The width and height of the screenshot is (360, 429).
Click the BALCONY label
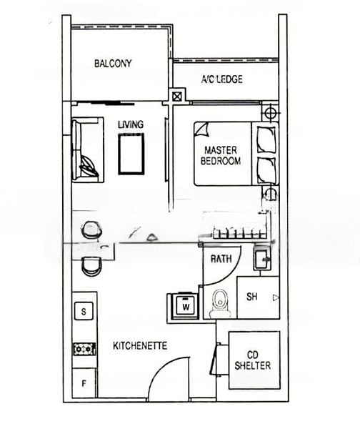[113, 64]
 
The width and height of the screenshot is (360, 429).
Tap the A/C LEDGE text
[221, 79]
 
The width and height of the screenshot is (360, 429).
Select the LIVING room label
[131, 124]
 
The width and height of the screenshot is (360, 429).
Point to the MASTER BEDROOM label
[221, 155]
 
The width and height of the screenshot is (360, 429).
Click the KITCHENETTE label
[140, 345]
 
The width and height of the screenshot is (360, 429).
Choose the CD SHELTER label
[253, 360]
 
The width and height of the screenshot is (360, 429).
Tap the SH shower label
[251, 297]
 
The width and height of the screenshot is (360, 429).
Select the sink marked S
[84, 311]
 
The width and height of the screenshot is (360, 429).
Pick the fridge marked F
[84, 383]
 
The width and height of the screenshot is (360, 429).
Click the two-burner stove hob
[84, 349]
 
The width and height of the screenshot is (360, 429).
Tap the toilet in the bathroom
[220, 302]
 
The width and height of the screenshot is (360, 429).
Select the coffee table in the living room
[131, 154]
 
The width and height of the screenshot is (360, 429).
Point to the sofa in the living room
[87, 150]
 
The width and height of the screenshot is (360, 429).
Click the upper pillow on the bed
[266, 139]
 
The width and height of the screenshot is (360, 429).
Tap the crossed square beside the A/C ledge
[177, 97]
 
